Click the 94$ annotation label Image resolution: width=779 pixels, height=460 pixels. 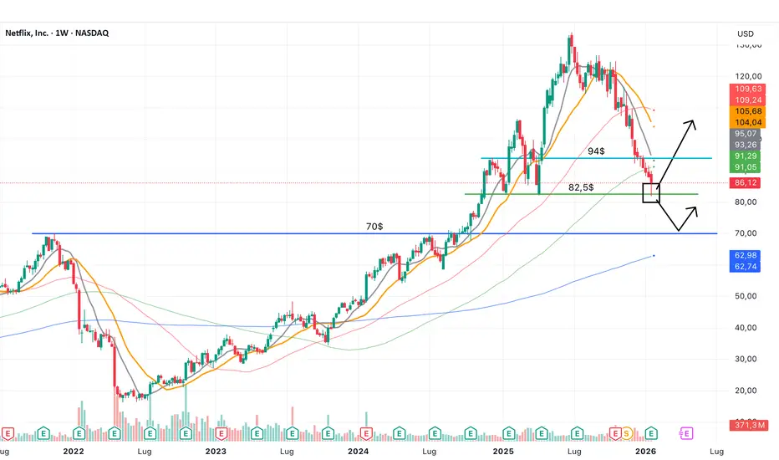click(596, 151)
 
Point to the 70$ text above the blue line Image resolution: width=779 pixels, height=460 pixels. click(375, 226)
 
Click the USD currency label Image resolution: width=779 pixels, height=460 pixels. click(746, 33)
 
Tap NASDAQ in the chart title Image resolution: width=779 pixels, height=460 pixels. click(90, 33)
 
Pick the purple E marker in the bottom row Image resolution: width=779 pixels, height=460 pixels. click(687, 432)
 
